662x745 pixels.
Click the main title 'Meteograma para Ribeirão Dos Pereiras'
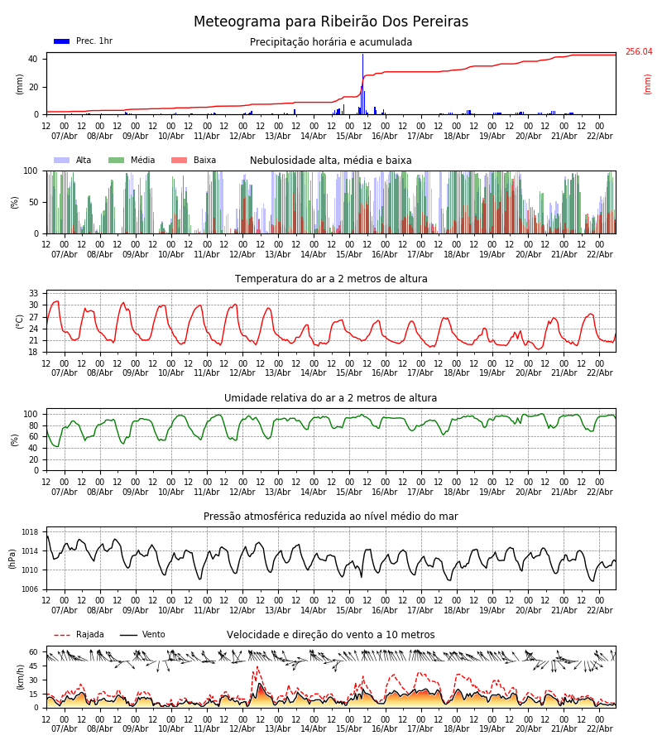(x=331, y=22)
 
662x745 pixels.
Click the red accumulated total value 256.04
(x=638, y=52)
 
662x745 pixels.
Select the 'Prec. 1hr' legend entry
(x=84, y=41)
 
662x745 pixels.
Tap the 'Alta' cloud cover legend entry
(x=74, y=161)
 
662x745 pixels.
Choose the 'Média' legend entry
(x=132, y=161)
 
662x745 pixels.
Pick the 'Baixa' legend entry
(x=194, y=161)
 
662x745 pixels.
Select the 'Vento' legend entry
(x=142, y=635)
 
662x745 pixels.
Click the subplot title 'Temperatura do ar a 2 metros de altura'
(x=331, y=279)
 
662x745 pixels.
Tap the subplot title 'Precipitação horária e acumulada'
(x=331, y=42)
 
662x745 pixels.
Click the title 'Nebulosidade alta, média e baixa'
(x=331, y=161)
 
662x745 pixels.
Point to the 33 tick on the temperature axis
(x=34, y=294)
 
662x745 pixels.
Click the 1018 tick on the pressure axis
(x=31, y=532)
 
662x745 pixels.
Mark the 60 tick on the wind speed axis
(x=34, y=652)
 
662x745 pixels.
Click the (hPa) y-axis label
(x=13, y=558)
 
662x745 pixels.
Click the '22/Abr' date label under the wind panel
(x=599, y=728)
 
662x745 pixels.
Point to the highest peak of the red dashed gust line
(x=257, y=667)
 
